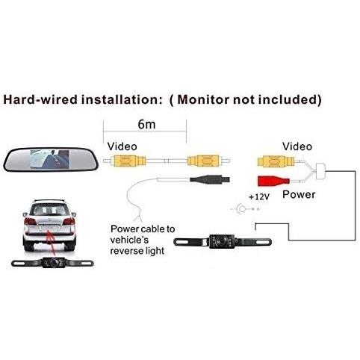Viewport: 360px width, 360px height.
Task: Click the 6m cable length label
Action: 146,124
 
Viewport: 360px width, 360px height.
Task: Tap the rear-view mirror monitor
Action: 51,159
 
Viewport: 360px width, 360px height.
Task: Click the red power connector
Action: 273,181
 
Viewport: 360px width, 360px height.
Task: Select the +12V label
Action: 259,197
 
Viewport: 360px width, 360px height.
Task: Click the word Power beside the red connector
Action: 299,194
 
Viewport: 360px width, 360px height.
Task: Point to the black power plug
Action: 210,179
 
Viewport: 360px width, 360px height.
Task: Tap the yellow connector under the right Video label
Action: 276,161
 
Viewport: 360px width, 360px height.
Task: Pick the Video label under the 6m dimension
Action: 122,146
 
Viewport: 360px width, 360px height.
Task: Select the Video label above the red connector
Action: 297,146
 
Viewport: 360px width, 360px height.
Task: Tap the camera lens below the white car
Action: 53,263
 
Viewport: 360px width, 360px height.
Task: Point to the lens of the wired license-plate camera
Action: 220,241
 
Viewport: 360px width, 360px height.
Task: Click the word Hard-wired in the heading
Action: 40,99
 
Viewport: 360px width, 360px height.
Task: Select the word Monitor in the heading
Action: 202,99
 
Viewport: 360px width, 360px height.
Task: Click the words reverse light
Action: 137,250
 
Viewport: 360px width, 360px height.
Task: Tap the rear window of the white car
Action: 49,210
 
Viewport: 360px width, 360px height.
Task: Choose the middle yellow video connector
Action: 203,161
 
